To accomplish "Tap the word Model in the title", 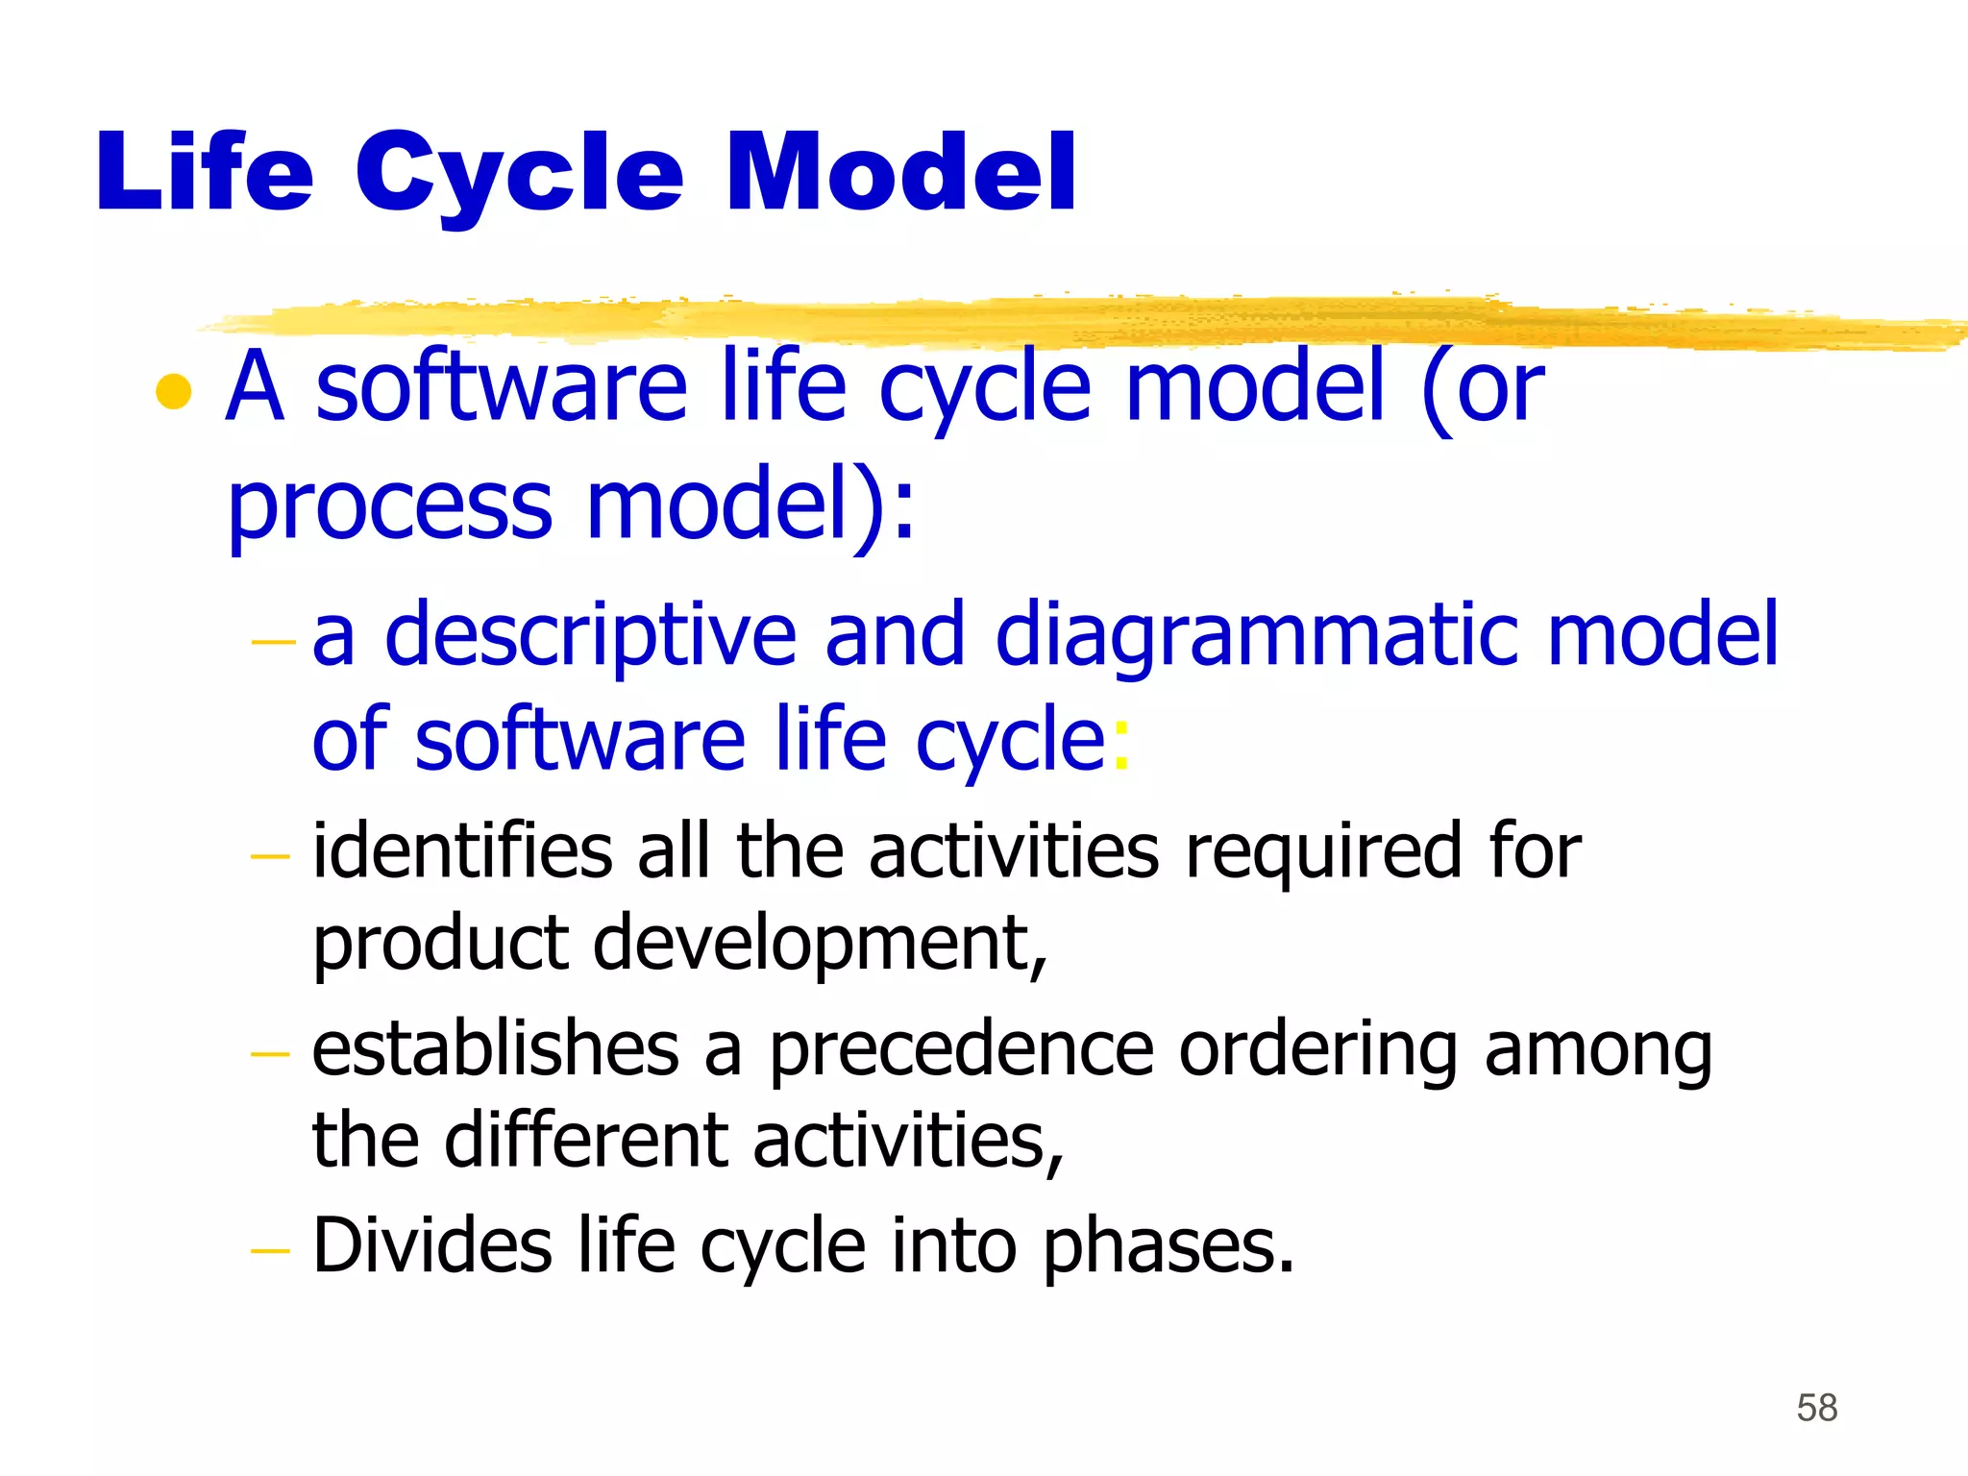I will tap(901, 173).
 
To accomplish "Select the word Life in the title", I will tap(205, 173).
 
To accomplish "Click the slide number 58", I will tap(1816, 1408).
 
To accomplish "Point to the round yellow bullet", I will tap(174, 391).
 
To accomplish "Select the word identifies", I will tap(462, 851).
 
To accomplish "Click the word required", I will tap(1323, 853).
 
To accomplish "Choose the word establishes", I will tap(496, 1049).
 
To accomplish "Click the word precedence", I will tap(960, 1051).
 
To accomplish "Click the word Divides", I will tap(432, 1246).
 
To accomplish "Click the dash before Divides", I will tap(269, 1250).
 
